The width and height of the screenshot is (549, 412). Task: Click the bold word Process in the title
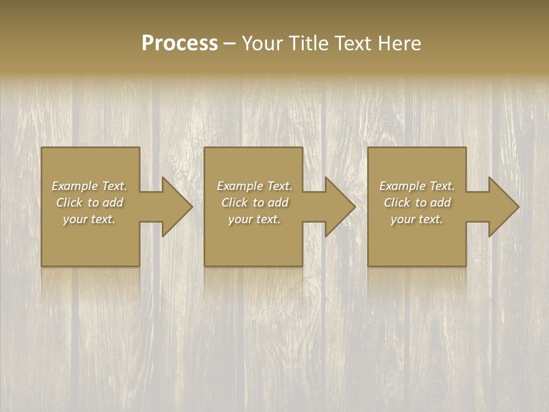[180, 43]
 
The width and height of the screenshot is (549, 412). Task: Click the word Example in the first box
[74, 186]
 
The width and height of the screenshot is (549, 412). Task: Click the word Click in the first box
[69, 203]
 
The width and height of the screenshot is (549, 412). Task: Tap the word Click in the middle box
[234, 203]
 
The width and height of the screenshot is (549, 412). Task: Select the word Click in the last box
[396, 203]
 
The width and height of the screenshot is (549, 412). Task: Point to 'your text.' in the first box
[89, 219]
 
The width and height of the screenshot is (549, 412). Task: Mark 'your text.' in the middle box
[254, 219]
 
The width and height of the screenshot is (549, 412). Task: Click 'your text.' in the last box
[417, 219]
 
